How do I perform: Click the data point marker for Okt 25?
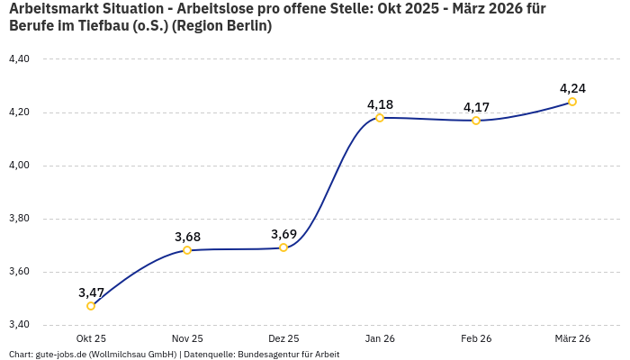[x=91, y=306]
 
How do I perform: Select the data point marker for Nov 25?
[x=187, y=250]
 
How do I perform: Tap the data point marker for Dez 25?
[x=283, y=247]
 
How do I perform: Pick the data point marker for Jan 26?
[x=380, y=118]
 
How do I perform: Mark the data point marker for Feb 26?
[x=476, y=121]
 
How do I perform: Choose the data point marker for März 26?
[x=572, y=102]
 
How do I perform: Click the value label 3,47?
[x=91, y=292]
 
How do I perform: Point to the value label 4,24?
[x=572, y=88]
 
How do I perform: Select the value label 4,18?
[x=380, y=104]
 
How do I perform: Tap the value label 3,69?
[x=283, y=234]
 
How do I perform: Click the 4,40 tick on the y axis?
[x=19, y=59]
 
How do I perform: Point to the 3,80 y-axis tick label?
[x=19, y=219]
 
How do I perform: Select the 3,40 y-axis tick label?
[x=19, y=325]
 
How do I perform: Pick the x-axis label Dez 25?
[x=283, y=338]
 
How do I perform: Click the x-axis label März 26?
[x=572, y=338]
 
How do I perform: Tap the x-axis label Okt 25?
[x=91, y=338]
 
